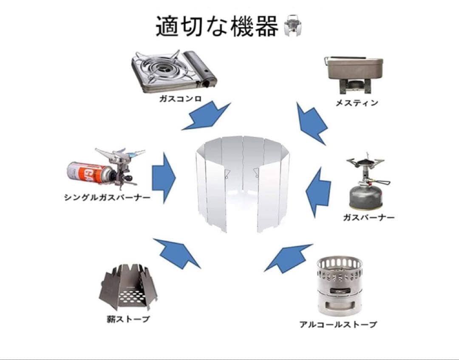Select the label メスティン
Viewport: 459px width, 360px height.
click(x=357, y=103)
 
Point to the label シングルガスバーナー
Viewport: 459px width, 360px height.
click(x=107, y=198)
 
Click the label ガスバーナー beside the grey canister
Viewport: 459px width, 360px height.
click(x=368, y=218)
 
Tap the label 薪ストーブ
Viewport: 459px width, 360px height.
click(x=128, y=319)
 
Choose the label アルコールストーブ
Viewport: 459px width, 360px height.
click(x=338, y=325)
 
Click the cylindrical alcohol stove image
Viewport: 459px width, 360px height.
click(x=339, y=285)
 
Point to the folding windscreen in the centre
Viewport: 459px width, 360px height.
click(x=242, y=183)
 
